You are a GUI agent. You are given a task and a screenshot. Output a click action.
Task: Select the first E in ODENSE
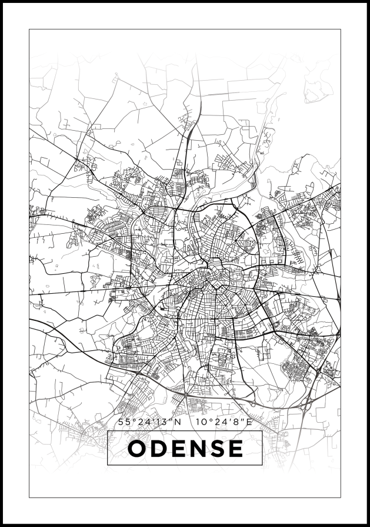pos(178,449)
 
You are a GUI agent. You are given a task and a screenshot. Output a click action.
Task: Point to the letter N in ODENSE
pos(197,449)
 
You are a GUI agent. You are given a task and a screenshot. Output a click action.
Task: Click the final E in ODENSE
pos(235,449)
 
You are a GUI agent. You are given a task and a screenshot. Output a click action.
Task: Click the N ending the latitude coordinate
pos(178,422)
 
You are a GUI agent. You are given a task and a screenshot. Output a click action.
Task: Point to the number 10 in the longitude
pos(200,422)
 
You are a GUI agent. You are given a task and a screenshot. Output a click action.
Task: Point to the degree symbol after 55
pos(131,420)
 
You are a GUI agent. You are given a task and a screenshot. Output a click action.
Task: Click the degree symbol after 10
pos(208,420)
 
